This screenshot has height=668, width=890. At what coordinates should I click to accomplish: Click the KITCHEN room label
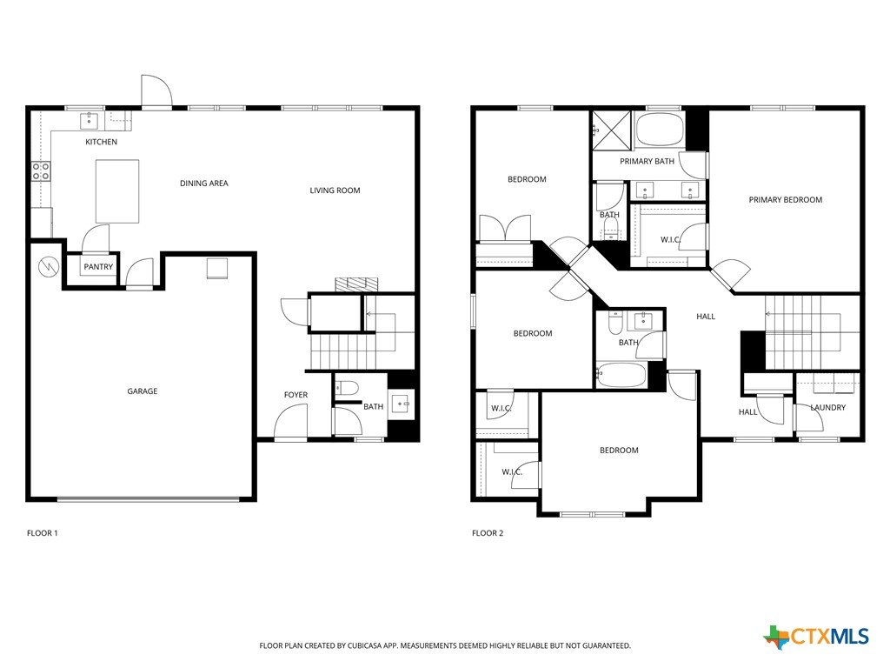tap(101, 142)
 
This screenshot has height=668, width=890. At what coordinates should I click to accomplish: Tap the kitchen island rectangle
tap(117, 191)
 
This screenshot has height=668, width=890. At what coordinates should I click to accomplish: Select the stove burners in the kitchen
tap(41, 171)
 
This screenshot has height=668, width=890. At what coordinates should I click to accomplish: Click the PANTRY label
tap(98, 266)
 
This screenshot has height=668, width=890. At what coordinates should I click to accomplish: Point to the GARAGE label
tap(142, 391)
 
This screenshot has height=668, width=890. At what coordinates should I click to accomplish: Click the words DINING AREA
tap(203, 183)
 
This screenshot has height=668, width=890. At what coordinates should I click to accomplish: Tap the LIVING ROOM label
tap(335, 190)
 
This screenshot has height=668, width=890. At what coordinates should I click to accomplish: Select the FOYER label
tap(296, 395)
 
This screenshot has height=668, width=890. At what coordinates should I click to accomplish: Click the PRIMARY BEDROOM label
tap(785, 199)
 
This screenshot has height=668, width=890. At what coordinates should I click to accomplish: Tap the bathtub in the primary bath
tap(659, 130)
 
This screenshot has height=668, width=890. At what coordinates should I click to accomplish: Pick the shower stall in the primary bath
tap(611, 130)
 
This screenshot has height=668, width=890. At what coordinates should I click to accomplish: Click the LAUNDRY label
tap(827, 407)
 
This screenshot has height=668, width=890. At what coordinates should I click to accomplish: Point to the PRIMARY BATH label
tap(647, 161)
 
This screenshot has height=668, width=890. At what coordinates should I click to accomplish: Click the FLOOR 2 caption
tap(488, 533)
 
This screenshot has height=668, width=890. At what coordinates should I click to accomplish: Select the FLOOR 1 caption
tap(42, 533)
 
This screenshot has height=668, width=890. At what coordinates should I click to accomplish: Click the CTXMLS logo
tap(816, 636)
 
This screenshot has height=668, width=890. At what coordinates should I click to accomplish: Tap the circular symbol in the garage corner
tap(49, 265)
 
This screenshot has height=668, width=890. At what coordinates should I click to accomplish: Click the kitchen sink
tap(90, 121)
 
